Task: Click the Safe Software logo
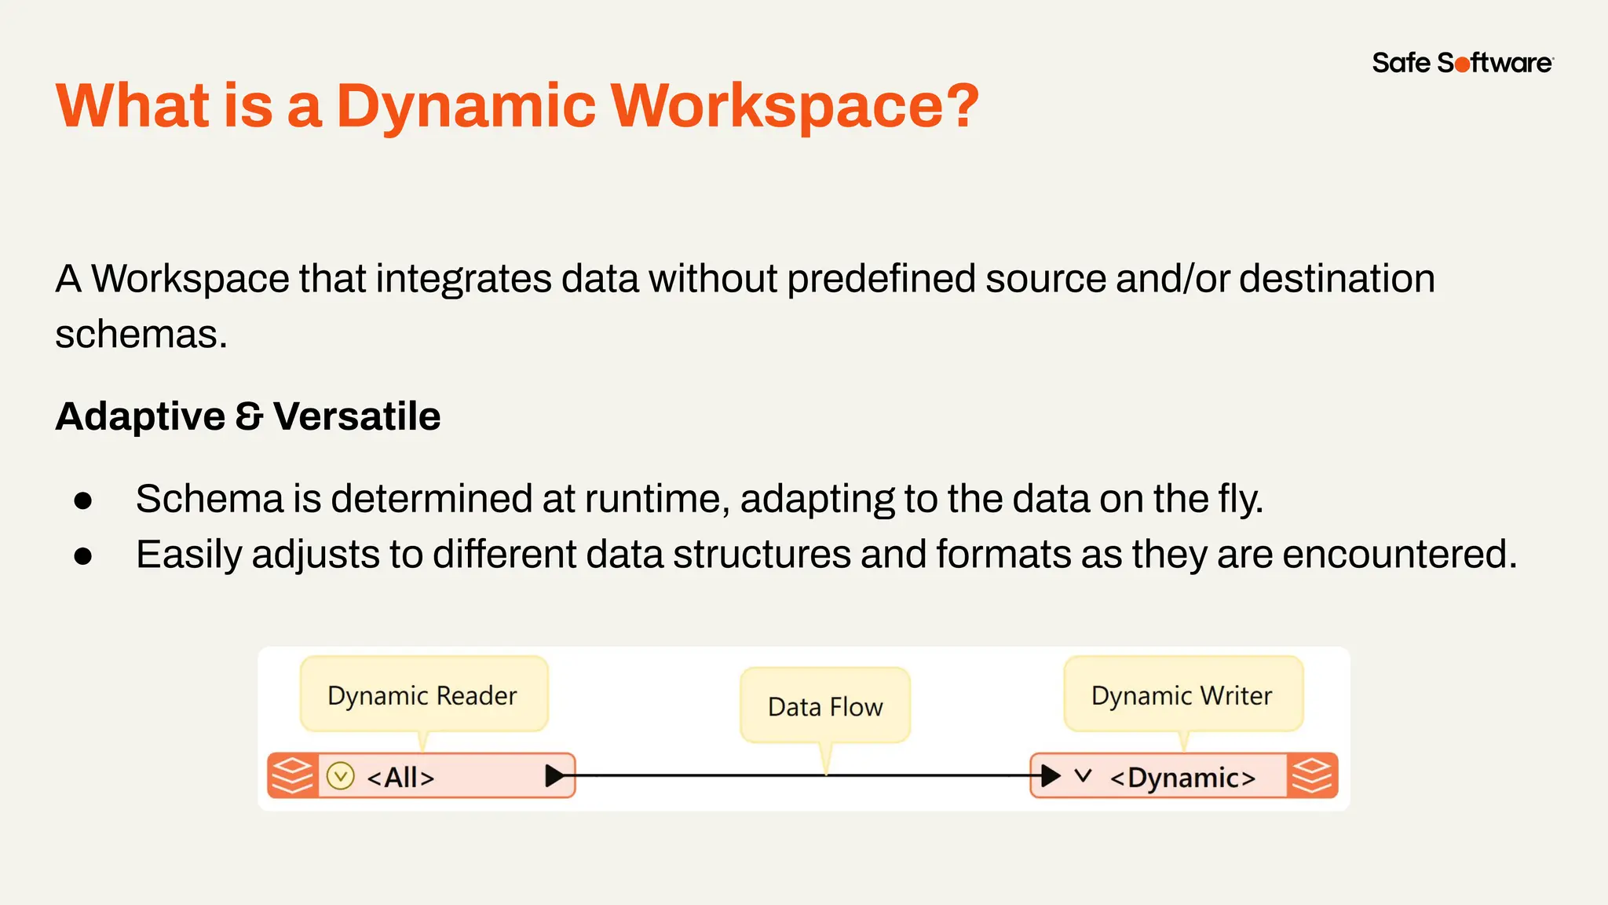click(1462, 63)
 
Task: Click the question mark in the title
click(960, 105)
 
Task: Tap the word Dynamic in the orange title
click(466, 105)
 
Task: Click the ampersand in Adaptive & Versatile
click(249, 416)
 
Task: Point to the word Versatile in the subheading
click(357, 416)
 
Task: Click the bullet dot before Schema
click(83, 500)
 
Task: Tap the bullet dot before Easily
click(83, 556)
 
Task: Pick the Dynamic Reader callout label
click(422, 695)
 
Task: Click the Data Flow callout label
click(825, 706)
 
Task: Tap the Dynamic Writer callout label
click(1182, 695)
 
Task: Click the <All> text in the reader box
click(400, 777)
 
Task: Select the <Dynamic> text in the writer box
click(1182, 777)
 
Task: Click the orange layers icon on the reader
click(292, 776)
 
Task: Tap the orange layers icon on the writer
click(1312, 776)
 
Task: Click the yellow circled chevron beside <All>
click(341, 776)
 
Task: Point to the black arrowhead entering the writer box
click(1051, 776)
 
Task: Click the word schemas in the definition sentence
click(141, 335)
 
